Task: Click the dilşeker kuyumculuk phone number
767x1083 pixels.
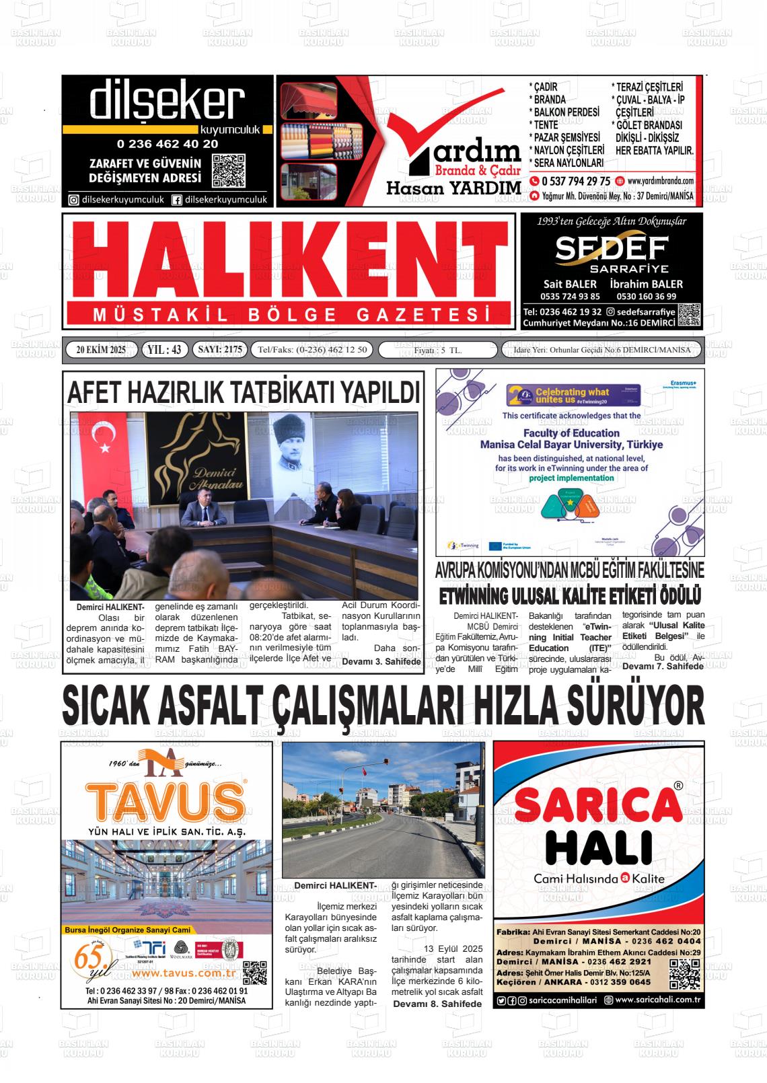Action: [x=167, y=144]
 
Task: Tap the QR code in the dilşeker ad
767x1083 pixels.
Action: [x=228, y=171]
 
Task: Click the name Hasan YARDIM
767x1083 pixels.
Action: [x=453, y=188]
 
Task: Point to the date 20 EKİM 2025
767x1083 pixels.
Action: [x=101, y=350]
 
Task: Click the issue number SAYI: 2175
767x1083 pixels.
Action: [x=219, y=350]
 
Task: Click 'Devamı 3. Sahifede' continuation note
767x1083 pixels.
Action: [x=381, y=661]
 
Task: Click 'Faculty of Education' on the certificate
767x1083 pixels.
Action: [x=571, y=433]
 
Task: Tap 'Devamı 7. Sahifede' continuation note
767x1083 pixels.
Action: [x=663, y=666]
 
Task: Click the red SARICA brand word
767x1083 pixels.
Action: [x=598, y=805]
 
